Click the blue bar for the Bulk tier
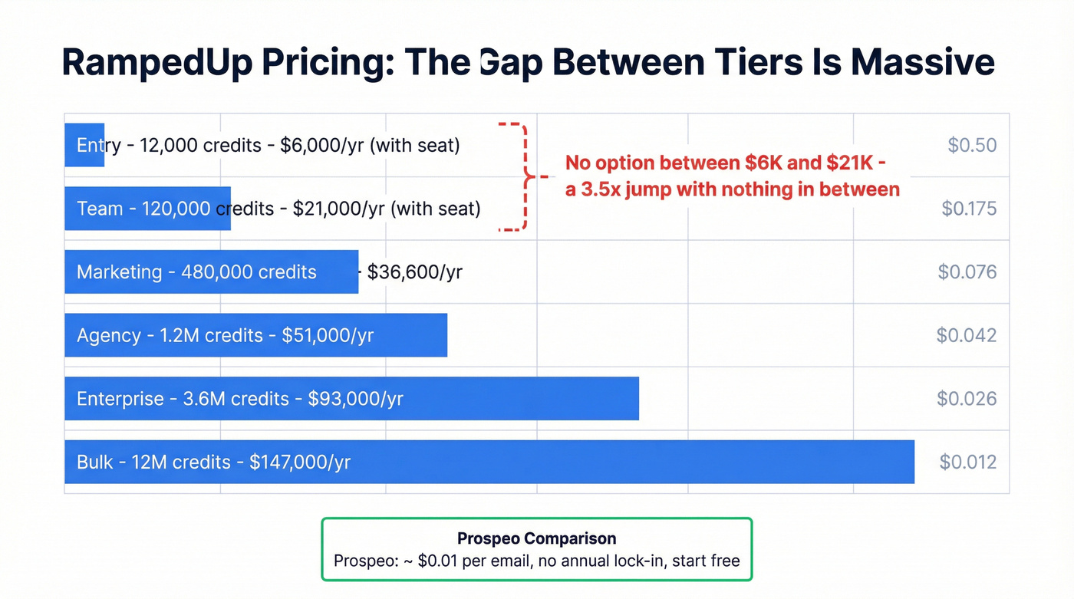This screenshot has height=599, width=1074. pyautogui.click(x=489, y=462)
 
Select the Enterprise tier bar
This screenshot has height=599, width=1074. pyautogui.click(x=351, y=399)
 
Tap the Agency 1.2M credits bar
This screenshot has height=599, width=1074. pyautogui.click(x=255, y=335)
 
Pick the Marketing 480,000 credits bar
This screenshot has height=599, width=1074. pyautogui.click(x=211, y=272)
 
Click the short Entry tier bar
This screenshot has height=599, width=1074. pyautogui.click(x=84, y=145)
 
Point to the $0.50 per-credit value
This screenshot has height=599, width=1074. pyautogui.click(x=972, y=146)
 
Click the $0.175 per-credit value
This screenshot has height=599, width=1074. pyautogui.click(x=969, y=209)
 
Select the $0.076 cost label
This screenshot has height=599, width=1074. pyautogui.click(x=967, y=272)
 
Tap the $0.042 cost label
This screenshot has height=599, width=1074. pyautogui.click(x=967, y=335)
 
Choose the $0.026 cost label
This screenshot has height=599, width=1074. pyautogui.click(x=967, y=399)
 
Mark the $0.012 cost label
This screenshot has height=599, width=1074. pyautogui.click(x=968, y=462)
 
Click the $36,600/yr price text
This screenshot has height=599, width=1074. pyautogui.click(x=414, y=272)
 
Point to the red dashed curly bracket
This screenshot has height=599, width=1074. pyautogui.click(x=524, y=176)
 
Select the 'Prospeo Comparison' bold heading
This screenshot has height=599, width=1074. pyautogui.click(x=536, y=538)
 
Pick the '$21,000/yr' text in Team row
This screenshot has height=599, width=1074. pyautogui.click(x=339, y=209)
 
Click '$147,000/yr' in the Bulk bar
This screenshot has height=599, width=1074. pyautogui.click(x=300, y=462)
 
